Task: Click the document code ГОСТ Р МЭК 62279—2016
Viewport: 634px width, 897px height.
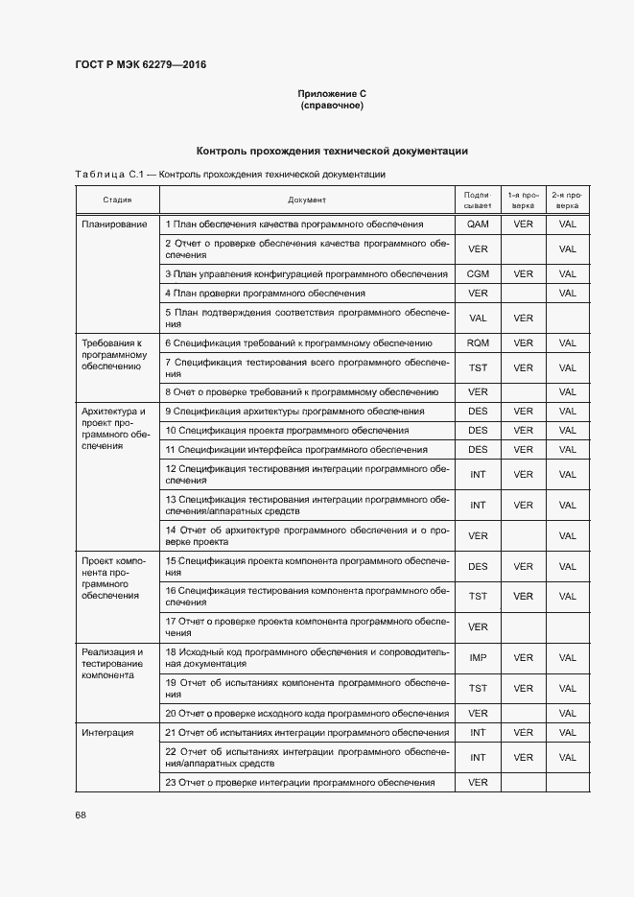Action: pos(140,65)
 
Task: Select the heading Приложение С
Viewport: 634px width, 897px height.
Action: pos(332,93)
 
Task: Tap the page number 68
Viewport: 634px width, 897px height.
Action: pos(81,814)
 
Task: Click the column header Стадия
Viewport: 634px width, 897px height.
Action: pos(117,200)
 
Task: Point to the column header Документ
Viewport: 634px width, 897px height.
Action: pos(307,200)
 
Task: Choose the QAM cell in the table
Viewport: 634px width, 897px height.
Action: pos(478,224)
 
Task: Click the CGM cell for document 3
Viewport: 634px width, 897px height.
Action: pos(478,273)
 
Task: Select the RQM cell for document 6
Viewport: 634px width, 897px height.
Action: pos(478,342)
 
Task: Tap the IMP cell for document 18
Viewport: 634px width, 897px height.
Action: pos(478,657)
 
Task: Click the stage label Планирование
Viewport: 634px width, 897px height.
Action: pos(114,224)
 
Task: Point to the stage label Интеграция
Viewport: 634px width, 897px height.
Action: pos(108,732)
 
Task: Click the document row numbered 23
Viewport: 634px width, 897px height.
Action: pos(300,782)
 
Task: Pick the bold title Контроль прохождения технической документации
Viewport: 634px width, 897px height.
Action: pos(332,151)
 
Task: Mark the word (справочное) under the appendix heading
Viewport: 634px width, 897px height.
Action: pos(332,105)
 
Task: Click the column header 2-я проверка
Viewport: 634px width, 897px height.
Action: pos(567,200)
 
